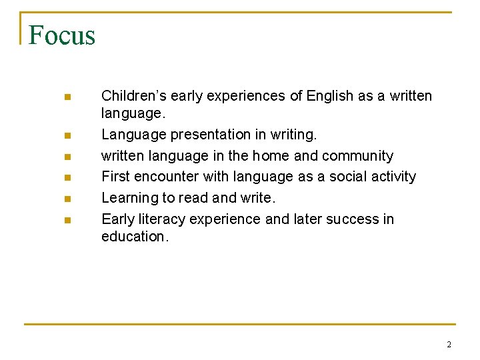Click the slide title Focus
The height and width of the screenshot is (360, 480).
[62, 35]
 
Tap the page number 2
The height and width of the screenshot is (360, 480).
[449, 345]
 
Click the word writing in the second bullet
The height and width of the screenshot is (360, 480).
[293, 135]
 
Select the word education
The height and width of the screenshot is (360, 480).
[135, 236]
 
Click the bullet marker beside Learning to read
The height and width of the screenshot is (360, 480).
[67, 199]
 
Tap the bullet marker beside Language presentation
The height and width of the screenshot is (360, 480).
[67, 135]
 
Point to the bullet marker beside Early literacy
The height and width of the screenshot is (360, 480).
[67, 220]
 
